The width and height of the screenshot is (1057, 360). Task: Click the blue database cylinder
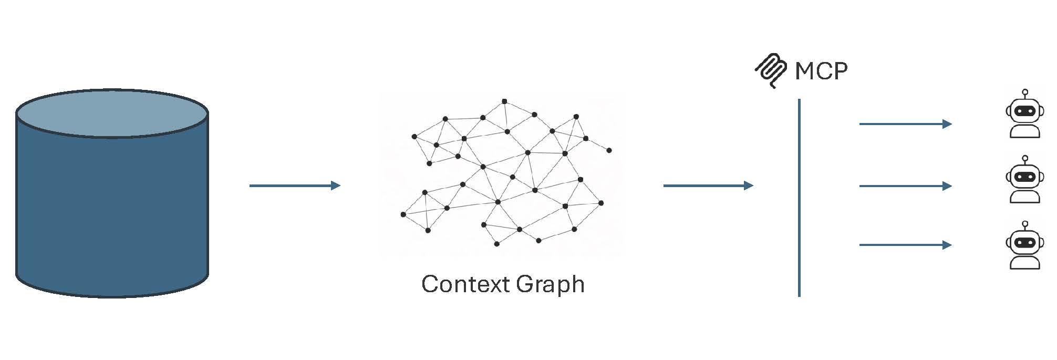[112, 193]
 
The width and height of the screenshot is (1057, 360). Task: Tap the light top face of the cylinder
[112, 114]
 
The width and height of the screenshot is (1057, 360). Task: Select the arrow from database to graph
[295, 186]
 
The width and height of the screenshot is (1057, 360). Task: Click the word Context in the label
[465, 284]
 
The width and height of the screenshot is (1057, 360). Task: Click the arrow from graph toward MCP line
[708, 186]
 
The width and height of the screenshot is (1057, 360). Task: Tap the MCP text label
[821, 71]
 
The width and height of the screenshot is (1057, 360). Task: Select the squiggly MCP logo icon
[771, 70]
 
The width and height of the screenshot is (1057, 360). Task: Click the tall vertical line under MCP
[799, 198]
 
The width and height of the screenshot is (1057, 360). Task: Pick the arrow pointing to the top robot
[906, 124]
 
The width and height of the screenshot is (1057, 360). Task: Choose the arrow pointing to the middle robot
[906, 186]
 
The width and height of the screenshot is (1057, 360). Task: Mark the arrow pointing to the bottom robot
[906, 245]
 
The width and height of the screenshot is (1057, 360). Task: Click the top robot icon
[1024, 114]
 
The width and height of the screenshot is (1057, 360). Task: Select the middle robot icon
[1024, 179]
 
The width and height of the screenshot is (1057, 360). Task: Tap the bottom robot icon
[1024, 245]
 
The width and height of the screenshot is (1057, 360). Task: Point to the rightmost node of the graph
[609, 150]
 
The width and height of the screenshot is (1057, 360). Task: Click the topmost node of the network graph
[504, 101]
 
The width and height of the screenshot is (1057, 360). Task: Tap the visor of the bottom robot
[1024, 243]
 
